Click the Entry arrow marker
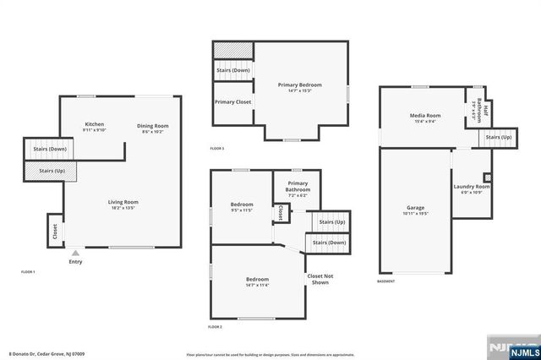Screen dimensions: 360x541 [x=75, y=252]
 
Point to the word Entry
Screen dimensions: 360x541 [x=75, y=262]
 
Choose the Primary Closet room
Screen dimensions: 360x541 [x=232, y=102]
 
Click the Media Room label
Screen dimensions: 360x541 [x=425, y=117]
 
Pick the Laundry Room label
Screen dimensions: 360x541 [x=472, y=188]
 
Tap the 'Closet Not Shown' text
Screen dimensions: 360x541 [x=320, y=279]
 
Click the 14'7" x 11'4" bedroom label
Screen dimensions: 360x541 [x=257, y=282]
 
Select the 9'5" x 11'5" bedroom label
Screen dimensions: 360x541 [x=242, y=206]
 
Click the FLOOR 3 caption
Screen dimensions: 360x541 [x=217, y=149]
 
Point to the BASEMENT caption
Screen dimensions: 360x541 [x=386, y=282]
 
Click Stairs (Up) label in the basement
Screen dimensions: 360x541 [x=498, y=137]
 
